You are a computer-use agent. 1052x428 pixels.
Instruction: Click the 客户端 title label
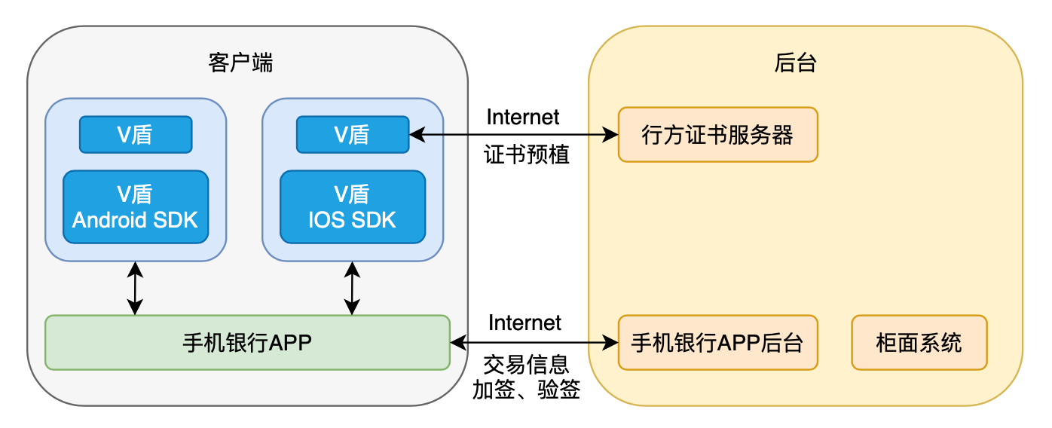coord(240,63)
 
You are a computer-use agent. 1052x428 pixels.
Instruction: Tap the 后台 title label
coord(796,63)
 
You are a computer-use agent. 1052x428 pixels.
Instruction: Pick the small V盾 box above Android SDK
coord(136,134)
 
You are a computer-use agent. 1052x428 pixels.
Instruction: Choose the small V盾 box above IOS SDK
coord(352,134)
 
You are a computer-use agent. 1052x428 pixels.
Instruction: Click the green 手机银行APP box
coord(247,343)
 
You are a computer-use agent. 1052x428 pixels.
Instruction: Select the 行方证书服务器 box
coord(717,135)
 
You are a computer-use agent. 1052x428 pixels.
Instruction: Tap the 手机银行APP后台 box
coord(717,343)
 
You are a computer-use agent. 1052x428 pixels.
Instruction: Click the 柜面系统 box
coord(919,343)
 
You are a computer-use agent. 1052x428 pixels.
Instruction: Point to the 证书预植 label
coord(526,155)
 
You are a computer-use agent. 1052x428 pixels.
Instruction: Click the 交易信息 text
coord(526,365)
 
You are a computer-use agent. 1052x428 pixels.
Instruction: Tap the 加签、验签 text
coord(526,390)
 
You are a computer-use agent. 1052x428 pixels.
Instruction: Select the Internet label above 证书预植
coord(523,117)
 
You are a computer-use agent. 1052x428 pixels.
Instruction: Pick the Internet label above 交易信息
coord(524,323)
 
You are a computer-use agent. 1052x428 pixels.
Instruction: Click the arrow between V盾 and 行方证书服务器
coord(513,136)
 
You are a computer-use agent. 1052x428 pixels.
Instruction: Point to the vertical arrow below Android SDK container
coord(135,288)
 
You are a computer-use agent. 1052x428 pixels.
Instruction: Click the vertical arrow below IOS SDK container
coord(352,288)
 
